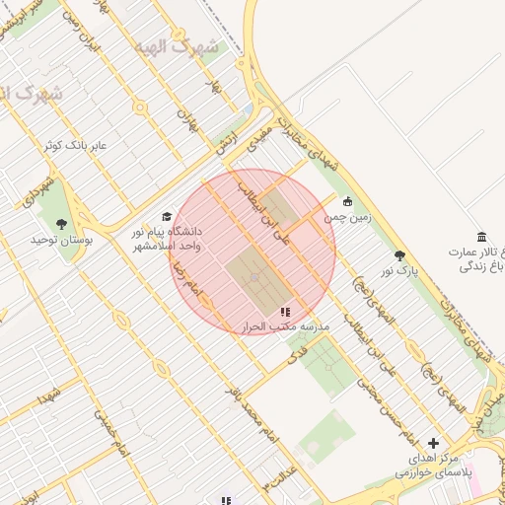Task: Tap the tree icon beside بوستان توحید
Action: (x=62, y=224)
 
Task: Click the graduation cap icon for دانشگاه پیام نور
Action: (x=167, y=216)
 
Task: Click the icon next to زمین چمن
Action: (x=347, y=202)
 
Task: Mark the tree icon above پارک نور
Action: (x=399, y=254)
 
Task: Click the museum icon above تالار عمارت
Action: (x=481, y=237)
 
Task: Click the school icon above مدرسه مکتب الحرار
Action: (x=285, y=312)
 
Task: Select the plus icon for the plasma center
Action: (x=433, y=443)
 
